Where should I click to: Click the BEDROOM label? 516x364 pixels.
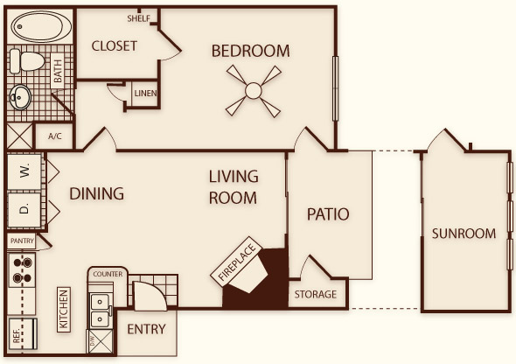(x=250, y=51)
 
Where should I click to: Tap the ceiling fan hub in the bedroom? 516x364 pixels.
(x=254, y=91)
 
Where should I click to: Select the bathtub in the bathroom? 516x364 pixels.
(x=41, y=26)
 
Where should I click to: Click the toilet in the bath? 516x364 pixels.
(x=27, y=61)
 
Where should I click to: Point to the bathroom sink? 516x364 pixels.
(x=20, y=97)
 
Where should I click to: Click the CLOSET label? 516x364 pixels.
(x=115, y=46)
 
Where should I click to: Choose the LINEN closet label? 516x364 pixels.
(x=145, y=94)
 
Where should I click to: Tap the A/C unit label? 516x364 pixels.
(x=55, y=136)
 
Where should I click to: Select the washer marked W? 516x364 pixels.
(x=24, y=171)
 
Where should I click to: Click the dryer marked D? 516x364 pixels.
(x=24, y=210)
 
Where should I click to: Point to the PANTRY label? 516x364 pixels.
(x=22, y=241)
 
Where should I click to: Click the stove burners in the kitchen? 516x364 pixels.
(x=22, y=270)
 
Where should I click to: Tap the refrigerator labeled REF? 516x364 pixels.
(x=23, y=333)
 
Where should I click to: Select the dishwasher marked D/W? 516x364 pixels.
(x=100, y=341)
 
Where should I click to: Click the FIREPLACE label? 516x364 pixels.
(x=237, y=262)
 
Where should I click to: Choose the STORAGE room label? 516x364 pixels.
(x=315, y=294)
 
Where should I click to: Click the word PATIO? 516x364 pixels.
(x=328, y=214)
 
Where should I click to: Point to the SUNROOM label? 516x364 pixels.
(x=464, y=234)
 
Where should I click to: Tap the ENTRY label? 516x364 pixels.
(x=146, y=329)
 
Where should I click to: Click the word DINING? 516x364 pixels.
(x=97, y=193)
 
